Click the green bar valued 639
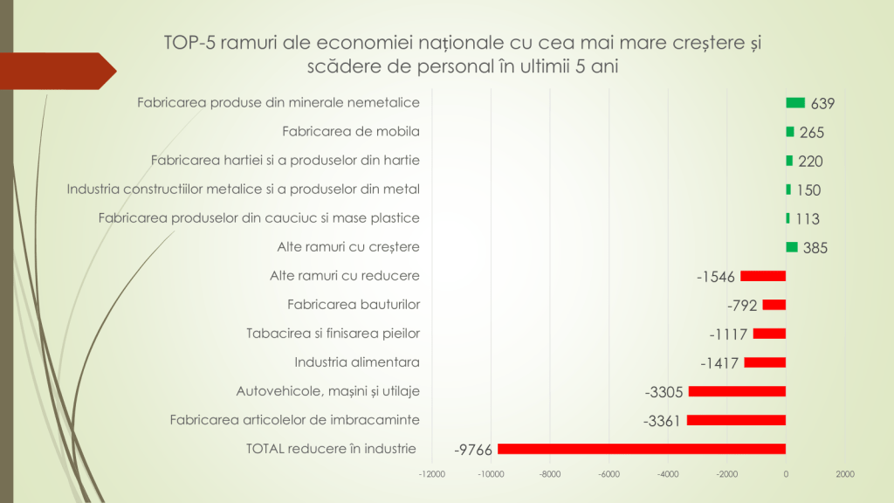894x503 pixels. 795,103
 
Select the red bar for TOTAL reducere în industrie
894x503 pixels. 642,449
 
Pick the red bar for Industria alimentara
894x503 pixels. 765,362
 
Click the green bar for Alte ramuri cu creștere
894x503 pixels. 792,247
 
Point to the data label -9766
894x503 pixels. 474,450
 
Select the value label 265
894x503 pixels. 811,133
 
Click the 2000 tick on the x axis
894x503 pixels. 844,474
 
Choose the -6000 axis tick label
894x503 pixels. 609,474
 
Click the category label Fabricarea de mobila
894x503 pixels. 351,132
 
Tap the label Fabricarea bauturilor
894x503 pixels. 354,305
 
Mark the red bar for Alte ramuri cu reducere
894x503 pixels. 763,276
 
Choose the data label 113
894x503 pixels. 808,219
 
